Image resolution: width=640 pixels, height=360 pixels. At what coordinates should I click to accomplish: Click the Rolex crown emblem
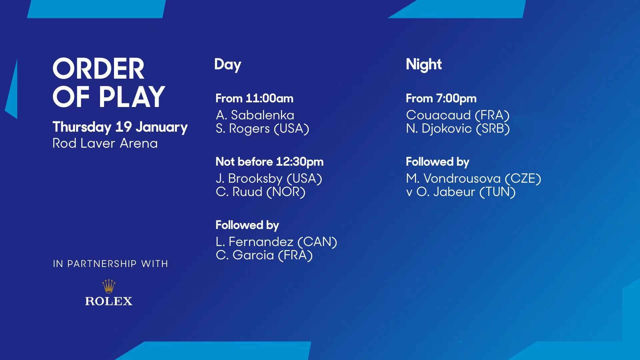coord(109,286)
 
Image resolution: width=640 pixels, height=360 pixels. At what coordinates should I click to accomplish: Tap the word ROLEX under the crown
coord(109,301)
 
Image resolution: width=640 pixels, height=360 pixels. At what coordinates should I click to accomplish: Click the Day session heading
coord(228,65)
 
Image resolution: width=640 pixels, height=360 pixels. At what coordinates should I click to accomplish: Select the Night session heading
coord(424,65)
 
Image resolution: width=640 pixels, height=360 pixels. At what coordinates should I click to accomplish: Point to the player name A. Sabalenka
coord(255,115)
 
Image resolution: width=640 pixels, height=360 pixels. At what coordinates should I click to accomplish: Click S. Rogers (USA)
coord(262,129)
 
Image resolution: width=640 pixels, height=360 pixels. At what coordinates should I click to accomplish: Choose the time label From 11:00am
coord(254,98)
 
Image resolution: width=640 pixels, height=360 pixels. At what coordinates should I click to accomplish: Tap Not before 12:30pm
coord(269,162)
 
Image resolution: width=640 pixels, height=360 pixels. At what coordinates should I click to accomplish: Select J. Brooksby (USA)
coord(269,179)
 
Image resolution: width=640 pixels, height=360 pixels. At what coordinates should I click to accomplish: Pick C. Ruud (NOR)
coord(261,192)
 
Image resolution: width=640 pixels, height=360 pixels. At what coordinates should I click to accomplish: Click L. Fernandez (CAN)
coord(276,242)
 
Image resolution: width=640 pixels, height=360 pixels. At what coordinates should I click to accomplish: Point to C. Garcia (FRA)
coord(264,255)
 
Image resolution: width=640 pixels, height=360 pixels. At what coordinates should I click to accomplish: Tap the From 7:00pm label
coord(441,98)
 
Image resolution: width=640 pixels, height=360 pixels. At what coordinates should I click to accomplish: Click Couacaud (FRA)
coord(458,115)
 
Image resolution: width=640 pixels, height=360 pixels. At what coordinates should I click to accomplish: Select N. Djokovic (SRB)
coord(458,129)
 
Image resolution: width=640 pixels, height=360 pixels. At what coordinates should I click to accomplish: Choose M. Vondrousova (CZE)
coord(473,179)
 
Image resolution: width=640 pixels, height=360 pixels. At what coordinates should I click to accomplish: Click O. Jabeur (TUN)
coord(466,192)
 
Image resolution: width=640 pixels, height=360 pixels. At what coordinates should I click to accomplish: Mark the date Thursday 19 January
coord(120,127)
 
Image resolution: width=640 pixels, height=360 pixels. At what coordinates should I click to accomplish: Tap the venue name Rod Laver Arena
coord(105,143)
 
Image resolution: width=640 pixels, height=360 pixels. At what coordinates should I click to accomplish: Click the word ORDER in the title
coord(98,69)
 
